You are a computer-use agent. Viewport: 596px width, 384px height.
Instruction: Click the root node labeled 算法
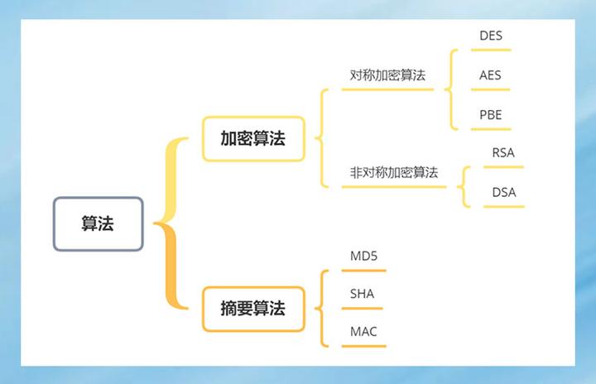[x=98, y=223]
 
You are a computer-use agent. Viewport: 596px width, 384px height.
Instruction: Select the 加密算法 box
[x=252, y=138]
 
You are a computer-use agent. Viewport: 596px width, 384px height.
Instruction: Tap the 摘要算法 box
[x=252, y=309]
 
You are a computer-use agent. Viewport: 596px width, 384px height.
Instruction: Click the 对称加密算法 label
[x=387, y=75]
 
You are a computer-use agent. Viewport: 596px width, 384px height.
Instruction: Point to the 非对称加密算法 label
[x=393, y=172]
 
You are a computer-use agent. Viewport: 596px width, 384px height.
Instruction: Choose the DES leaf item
[x=490, y=36]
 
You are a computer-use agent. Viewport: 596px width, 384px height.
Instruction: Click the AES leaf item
[x=490, y=75]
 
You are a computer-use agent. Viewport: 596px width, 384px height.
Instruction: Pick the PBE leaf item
[x=490, y=115]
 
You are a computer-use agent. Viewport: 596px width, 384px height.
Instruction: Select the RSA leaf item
[x=503, y=153]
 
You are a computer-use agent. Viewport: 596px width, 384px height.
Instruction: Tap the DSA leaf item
[x=503, y=192]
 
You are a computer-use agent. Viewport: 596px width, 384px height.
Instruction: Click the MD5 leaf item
[x=363, y=256]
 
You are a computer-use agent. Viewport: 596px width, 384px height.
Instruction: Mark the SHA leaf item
[x=362, y=294]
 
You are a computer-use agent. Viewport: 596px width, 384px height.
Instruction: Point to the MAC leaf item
[x=363, y=332]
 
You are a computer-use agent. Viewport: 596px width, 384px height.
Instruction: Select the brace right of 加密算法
[x=321, y=138]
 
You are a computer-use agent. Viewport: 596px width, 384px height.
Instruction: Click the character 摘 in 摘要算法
[x=228, y=309]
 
